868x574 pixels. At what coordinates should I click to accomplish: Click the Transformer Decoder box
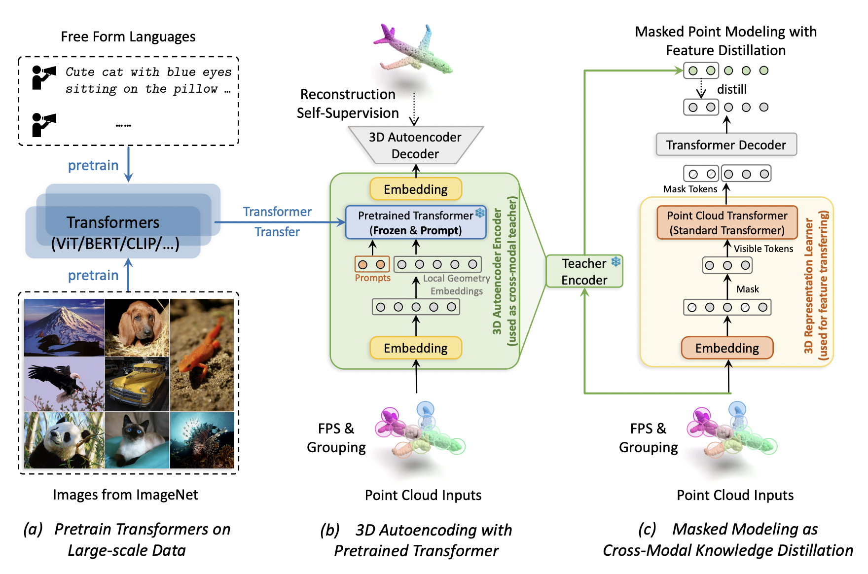coord(726,144)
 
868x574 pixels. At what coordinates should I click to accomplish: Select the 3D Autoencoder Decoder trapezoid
coord(415,145)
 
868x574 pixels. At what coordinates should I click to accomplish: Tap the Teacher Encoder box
coord(584,271)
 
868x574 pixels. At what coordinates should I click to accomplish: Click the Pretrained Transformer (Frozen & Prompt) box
coord(415,223)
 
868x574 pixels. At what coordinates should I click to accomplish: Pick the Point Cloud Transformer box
coord(727,223)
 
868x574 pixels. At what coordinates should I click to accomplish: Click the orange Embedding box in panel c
coord(727,348)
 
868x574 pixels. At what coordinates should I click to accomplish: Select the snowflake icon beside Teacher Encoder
coord(616,261)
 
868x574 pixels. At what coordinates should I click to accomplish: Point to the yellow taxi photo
coord(137,385)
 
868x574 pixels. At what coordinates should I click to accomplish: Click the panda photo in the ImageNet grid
coord(64,440)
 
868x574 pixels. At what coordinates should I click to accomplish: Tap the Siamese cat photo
coord(137,440)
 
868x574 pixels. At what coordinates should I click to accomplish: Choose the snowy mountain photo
coord(64,327)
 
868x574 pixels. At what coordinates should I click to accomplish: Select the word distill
coord(731,89)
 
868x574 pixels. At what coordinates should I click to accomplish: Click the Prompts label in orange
coord(372,278)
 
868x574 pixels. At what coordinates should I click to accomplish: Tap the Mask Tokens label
coord(690,189)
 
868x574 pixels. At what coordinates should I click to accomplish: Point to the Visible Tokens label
coord(763,249)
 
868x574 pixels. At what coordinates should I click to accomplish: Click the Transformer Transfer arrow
coord(279,222)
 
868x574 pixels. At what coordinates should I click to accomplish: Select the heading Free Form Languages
coord(128,37)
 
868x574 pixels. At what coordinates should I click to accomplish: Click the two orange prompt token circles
coord(372,264)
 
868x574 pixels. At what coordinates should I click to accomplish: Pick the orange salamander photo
coord(202,355)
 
